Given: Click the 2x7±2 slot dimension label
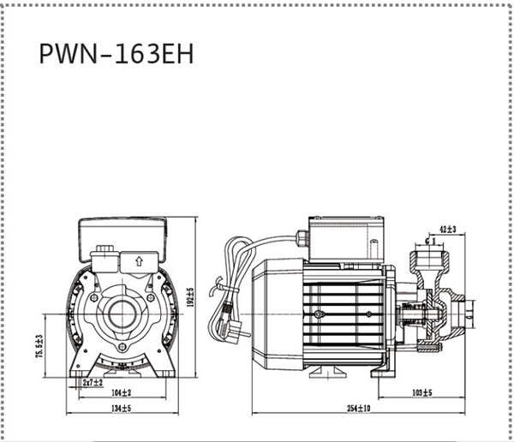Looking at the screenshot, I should tap(92, 382).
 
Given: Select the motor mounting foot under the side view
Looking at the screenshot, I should tap(322, 371).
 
